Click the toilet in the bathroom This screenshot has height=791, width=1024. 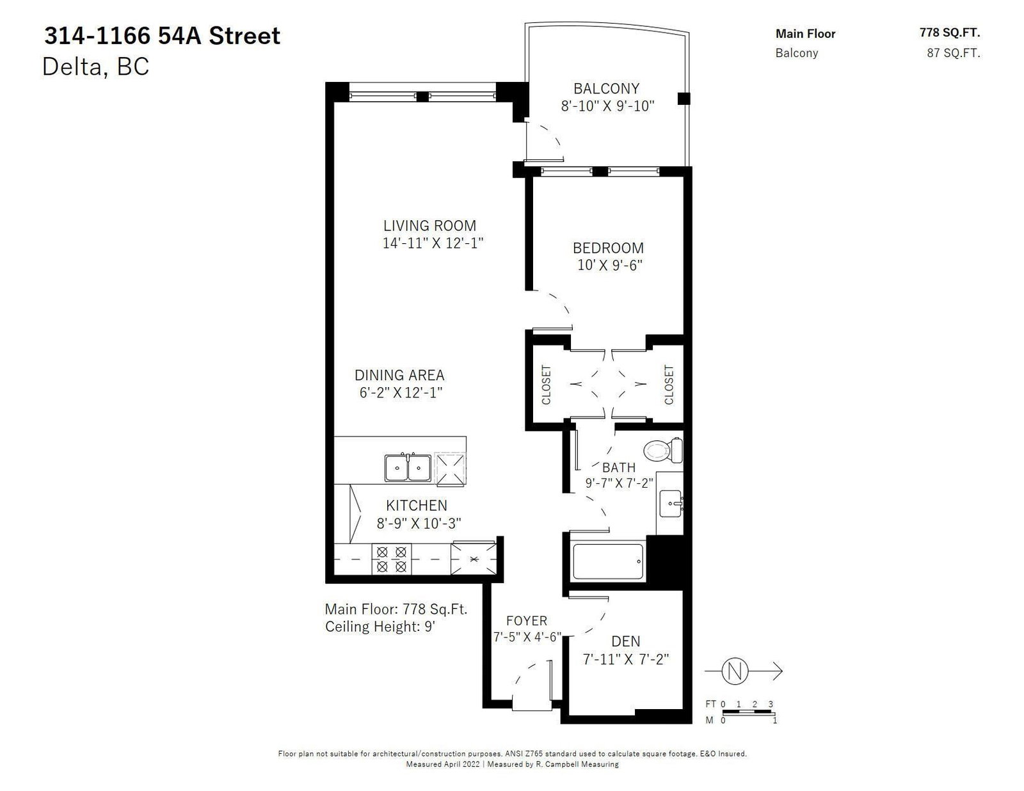(663, 451)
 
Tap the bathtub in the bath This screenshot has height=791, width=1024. (607, 561)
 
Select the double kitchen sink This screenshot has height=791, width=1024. (408, 468)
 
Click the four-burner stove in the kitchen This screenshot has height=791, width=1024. (392, 559)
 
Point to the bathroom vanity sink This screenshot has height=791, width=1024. (671, 503)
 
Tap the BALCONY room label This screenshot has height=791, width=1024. (607, 88)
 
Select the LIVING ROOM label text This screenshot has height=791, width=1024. (430, 226)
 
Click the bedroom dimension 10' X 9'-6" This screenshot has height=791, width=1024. (610, 265)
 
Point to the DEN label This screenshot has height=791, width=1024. (626, 641)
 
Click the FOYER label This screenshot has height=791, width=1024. (527, 621)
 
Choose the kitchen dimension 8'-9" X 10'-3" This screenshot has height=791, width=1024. (419, 523)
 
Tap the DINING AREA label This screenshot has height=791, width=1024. (399, 376)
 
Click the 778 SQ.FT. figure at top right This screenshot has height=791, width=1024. (950, 33)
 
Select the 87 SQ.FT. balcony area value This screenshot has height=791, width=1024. (954, 52)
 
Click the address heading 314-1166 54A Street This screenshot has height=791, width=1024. (163, 36)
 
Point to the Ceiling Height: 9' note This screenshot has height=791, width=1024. (380, 627)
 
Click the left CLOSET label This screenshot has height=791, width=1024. (546, 385)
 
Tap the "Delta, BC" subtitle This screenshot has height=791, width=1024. (95, 67)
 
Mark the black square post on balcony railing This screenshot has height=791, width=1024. (684, 99)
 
